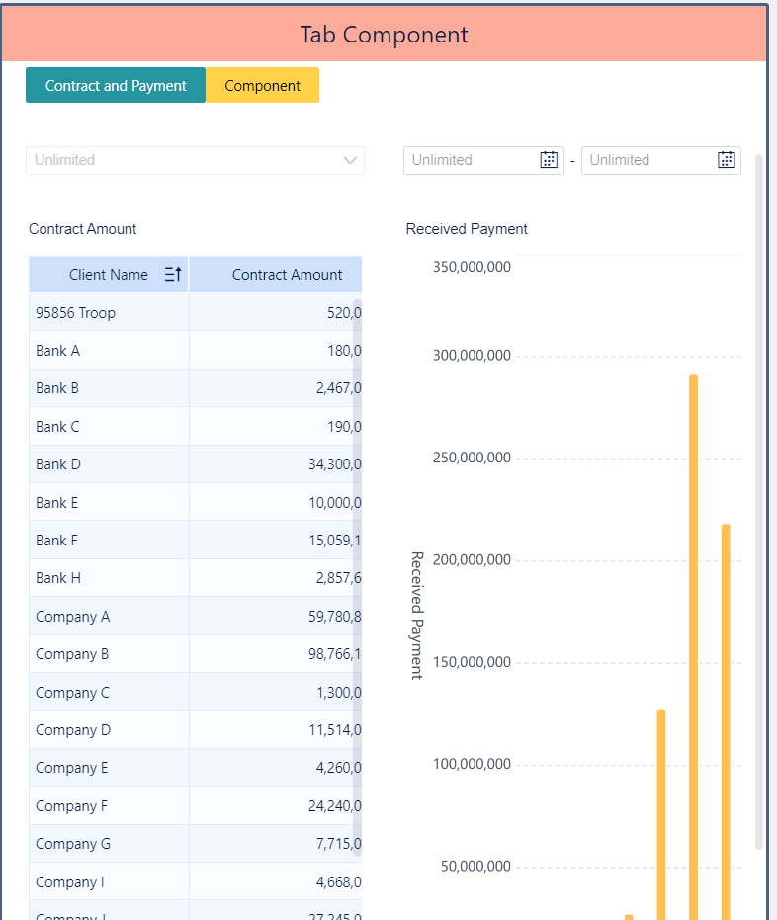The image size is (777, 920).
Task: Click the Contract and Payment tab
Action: point(116,86)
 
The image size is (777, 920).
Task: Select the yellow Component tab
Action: point(262,86)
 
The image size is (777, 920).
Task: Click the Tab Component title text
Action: point(384,35)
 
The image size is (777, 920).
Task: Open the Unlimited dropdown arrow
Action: point(350,160)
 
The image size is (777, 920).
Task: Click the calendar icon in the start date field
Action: point(549,160)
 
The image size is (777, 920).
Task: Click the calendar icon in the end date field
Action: point(726,160)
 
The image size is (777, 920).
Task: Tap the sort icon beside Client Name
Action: point(172,275)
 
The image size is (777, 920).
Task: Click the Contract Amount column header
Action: point(287,275)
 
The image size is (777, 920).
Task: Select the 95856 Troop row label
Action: point(75,313)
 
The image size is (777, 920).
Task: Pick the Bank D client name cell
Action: point(58,464)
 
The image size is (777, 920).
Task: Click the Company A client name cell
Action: point(72,617)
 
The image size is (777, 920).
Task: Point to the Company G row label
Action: point(72,844)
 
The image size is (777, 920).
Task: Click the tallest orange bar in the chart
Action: point(693,642)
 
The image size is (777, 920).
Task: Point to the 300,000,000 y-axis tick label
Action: point(472,356)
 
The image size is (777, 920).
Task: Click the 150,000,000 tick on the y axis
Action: point(472,662)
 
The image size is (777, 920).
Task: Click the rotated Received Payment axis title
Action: point(416,615)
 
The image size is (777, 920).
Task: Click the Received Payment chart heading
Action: point(467,229)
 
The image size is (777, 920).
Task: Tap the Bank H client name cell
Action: point(58,578)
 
